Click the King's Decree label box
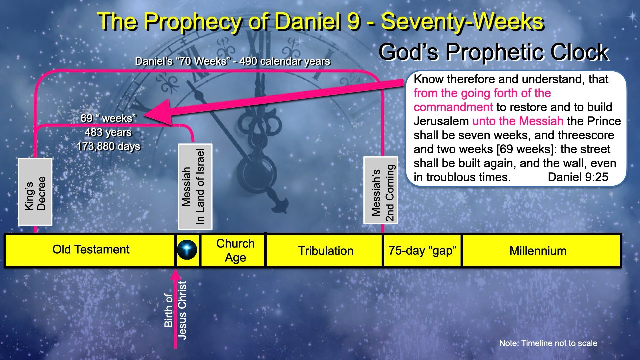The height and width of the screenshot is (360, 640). pyautogui.click(x=35, y=192)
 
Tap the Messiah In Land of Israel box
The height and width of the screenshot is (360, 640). pyautogui.click(x=195, y=187)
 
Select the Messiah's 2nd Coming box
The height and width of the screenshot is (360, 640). pyautogui.click(x=381, y=190)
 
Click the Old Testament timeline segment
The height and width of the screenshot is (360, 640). pyautogui.click(x=91, y=250)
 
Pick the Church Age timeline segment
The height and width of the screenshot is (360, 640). pyautogui.click(x=235, y=250)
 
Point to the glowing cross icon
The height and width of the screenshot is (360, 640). pyautogui.click(x=187, y=250)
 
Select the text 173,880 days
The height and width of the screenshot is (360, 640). pyautogui.click(x=108, y=146)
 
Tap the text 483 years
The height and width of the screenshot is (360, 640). pyautogui.click(x=108, y=132)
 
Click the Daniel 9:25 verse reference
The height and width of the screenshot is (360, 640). pyautogui.click(x=578, y=177)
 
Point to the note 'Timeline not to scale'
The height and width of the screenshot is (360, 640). pyautogui.click(x=548, y=343)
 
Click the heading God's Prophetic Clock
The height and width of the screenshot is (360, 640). pyautogui.click(x=494, y=52)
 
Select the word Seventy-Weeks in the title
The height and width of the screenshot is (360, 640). pyautogui.click(x=462, y=22)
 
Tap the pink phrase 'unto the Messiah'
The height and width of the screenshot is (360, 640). pyautogui.click(x=518, y=121)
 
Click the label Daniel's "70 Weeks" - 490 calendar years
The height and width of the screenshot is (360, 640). pyautogui.click(x=232, y=61)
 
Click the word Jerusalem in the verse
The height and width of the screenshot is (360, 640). pyautogui.click(x=441, y=121)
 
